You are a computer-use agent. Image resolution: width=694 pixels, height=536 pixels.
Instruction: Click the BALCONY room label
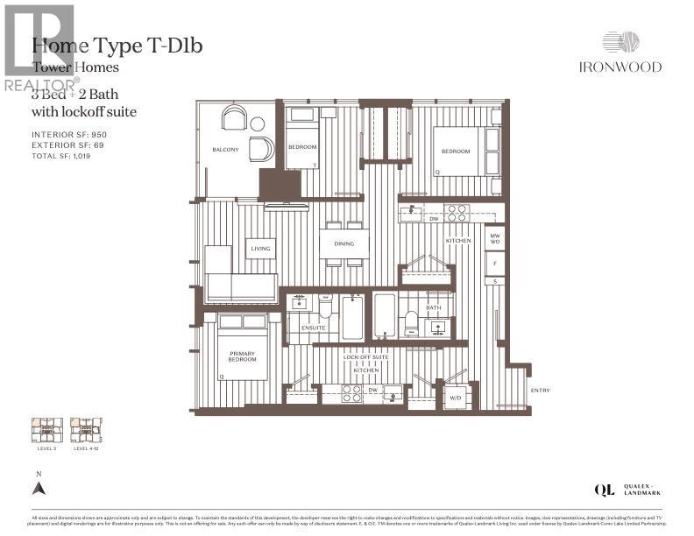tap(225, 150)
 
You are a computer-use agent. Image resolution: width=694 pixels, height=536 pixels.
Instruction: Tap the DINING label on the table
tap(343, 244)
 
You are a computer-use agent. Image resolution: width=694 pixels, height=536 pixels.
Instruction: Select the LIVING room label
tap(260, 249)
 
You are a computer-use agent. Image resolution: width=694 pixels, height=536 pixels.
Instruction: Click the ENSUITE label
tap(313, 328)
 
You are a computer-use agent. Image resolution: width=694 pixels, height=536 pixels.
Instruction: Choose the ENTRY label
tap(541, 391)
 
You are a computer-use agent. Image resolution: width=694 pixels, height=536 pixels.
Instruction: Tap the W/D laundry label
tap(456, 397)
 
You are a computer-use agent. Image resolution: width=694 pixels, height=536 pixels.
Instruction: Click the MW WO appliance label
tap(495, 238)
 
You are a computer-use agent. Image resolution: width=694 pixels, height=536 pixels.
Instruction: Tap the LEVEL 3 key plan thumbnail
tap(43, 429)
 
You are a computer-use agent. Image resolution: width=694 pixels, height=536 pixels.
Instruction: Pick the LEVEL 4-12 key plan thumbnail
tap(86, 429)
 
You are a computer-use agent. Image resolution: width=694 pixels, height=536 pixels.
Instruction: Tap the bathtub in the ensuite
tap(352, 317)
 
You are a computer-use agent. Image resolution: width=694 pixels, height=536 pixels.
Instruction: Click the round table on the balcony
tap(257, 124)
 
